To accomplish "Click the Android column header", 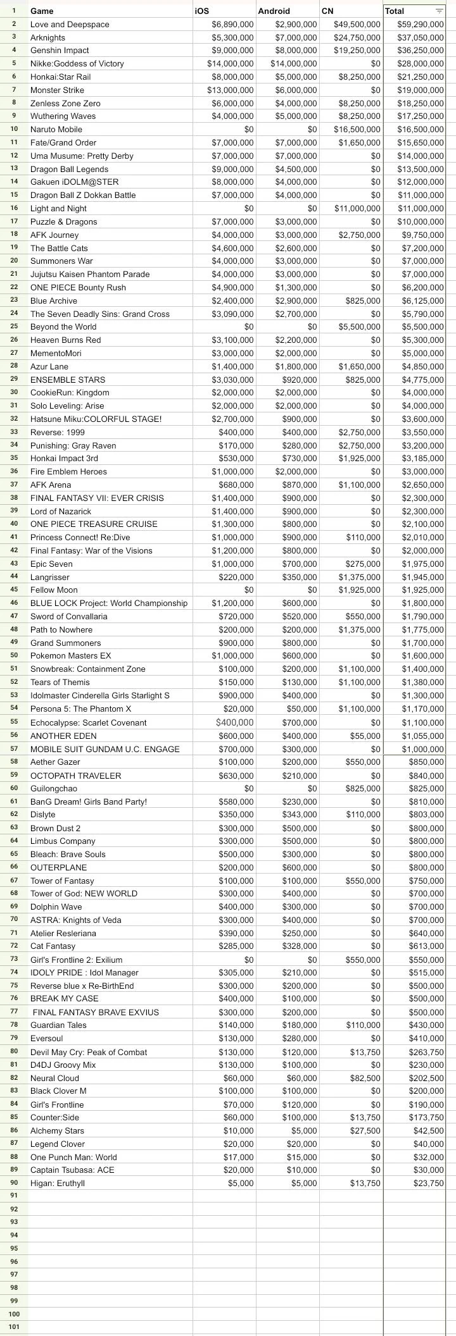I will tap(274, 11).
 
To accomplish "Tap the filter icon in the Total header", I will tap(439, 11).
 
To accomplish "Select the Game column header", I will tap(42, 11).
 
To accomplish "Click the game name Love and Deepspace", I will tap(70, 24).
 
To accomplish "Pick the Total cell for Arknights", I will tap(421, 37).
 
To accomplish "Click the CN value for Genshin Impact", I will tap(357, 51).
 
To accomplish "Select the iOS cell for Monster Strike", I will tap(231, 90).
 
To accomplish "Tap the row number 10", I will tap(14, 129).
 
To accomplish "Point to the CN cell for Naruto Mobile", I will tap(357, 130).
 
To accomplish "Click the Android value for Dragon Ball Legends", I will tap(296, 169).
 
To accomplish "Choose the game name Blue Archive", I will tap(54, 300).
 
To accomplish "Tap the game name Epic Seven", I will tap(51, 564).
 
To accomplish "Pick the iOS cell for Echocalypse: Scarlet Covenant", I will tap(234, 722).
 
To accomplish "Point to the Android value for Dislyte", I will tap(300, 815).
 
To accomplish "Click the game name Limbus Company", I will tap(63, 841).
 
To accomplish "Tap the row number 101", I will tap(14, 1327).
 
